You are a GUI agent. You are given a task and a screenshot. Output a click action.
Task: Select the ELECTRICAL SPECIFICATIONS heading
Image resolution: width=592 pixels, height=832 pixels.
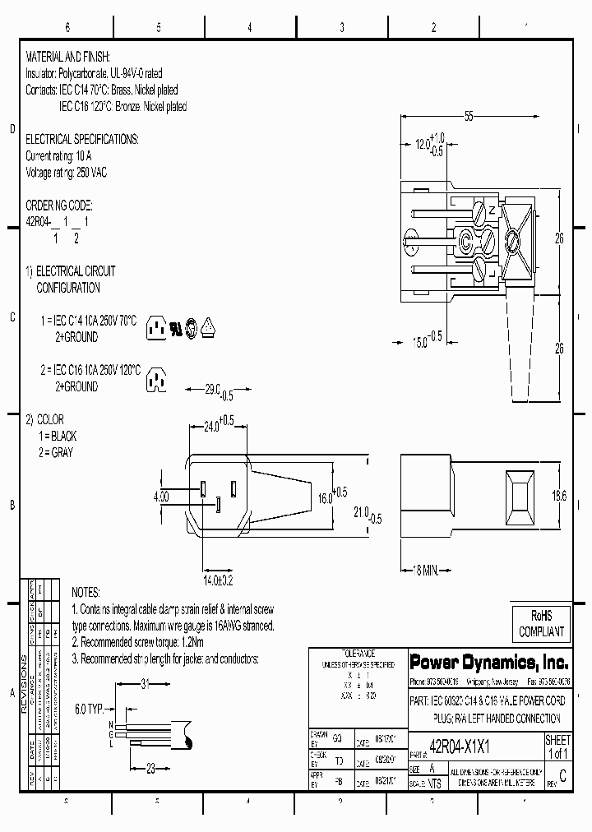tap(82, 139)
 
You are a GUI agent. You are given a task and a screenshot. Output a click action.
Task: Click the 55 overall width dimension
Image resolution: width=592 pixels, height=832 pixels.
tap(468, 117)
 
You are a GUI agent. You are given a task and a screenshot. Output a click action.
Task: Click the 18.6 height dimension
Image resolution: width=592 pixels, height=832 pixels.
tap(559, 496)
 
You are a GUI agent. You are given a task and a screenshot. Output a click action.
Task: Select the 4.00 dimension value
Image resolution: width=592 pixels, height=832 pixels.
tap(161, 497)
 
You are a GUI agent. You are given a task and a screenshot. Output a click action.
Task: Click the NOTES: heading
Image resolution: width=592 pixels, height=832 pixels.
tap(86, 592)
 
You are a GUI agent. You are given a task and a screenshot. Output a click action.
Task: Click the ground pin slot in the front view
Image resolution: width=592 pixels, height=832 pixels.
tap(219, 504)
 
